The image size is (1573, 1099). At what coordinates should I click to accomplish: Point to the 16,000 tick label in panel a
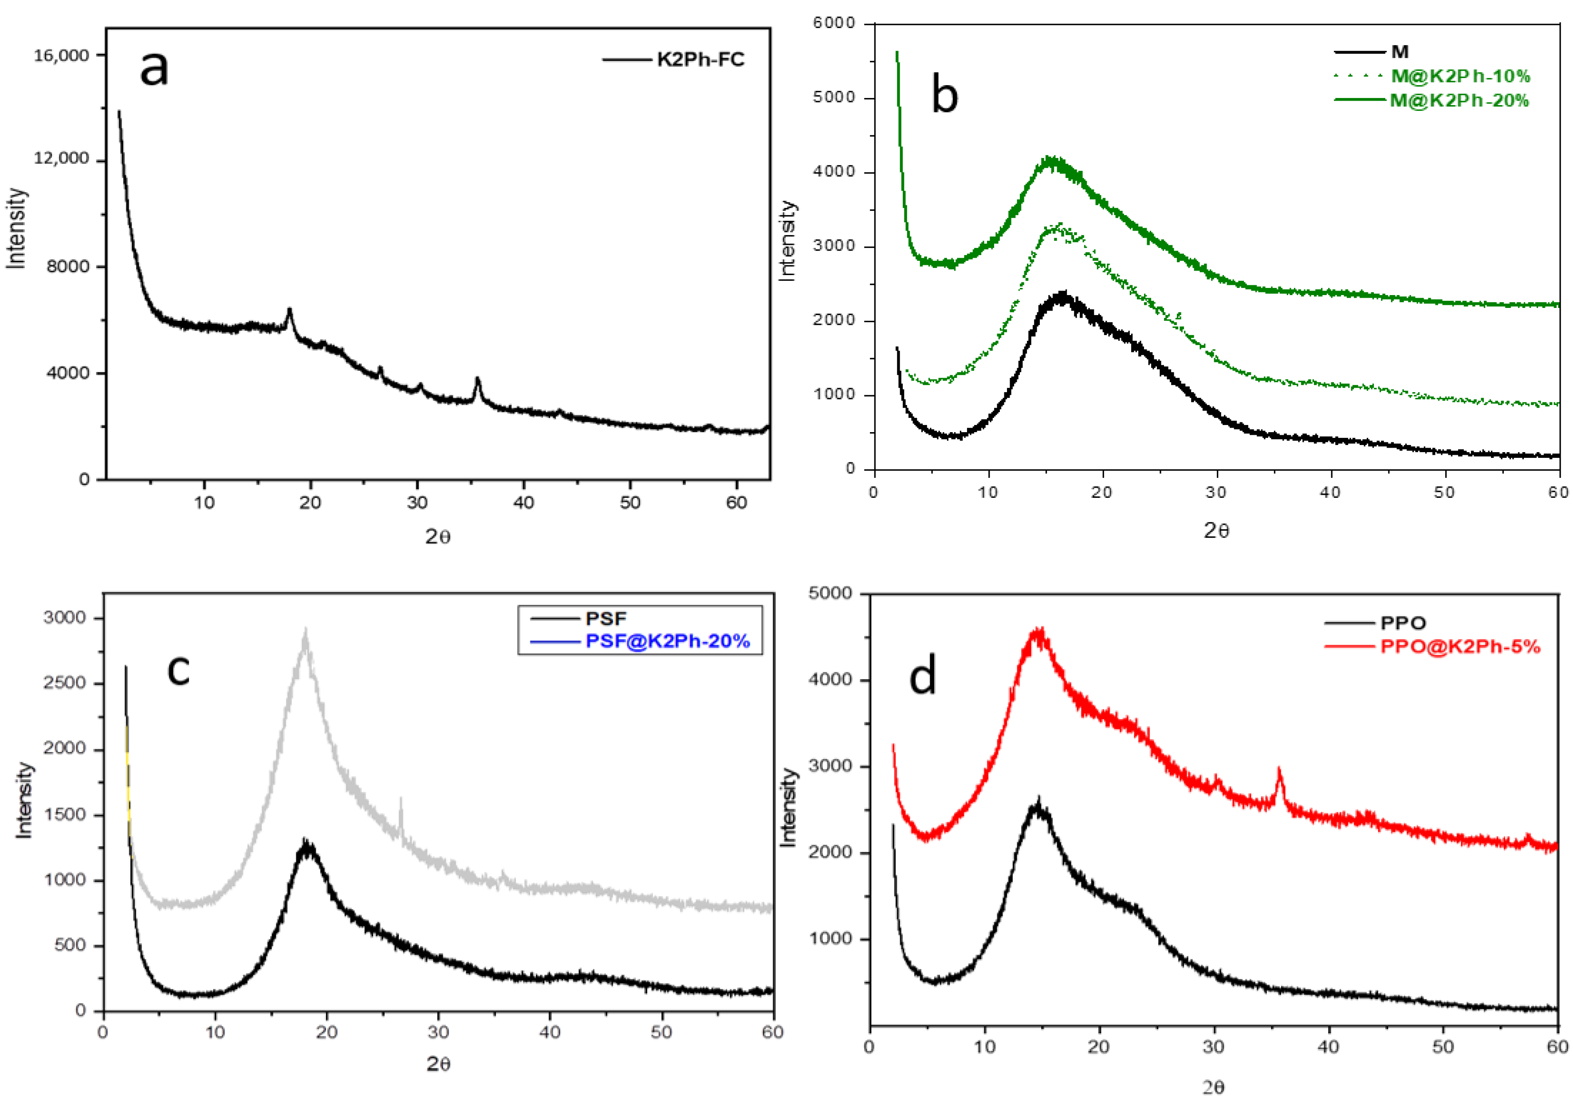[x=62, y=55]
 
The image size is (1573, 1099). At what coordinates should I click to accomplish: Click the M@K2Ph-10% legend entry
[x=1459, y=76]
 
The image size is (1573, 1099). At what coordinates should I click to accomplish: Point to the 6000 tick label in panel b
[x=834, y=24]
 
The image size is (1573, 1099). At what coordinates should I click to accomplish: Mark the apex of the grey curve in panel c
[x=306, y=630]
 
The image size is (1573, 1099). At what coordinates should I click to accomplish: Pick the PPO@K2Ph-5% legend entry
[x=1459, y=646]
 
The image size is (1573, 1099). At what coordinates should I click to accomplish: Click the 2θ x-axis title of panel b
[x=1216, y=530]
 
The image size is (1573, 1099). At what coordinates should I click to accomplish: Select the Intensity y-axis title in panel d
[x=789, y=807]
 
